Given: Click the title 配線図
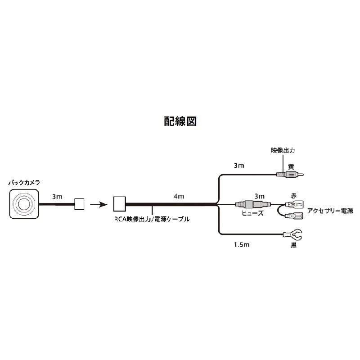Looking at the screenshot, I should click(x=180, y=121).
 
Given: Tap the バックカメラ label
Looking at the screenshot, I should click(x=24, y=183).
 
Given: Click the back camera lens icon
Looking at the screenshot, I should click(x=24, y=203).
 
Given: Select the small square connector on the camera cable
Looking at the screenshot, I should click(x=80, y=204).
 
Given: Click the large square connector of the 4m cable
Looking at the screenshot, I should click(x=119, y=204).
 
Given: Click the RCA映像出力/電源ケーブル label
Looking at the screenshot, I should click(x=151, y=220).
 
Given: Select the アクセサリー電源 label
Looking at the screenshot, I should click(x=330, y=210).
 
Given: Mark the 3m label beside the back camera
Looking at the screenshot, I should click(x=57, y=196).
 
